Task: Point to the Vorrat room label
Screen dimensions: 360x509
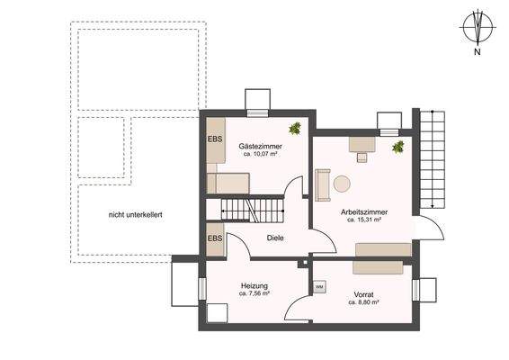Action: pyautogui.click(x=363, y=294)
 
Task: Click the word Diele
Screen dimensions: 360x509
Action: pyautogui.click(x=276, y=238)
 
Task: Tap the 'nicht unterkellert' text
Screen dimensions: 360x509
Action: pyautogui.click(x=135, y=215)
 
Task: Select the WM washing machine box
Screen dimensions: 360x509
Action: pyautogui.click(x=319, y=286)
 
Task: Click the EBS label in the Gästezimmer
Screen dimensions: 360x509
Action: pyautogui.click(x=215, y=139)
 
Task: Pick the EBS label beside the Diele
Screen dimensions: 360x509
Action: pyautogui.click(x=215, y=238)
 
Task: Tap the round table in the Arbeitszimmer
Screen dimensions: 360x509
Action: pyautogui.click(x=342, y=184)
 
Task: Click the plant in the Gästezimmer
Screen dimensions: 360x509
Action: pyautogui.click(x=294, y=128)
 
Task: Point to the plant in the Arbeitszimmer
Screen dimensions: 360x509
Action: pyautogui.click(x=397, y=147)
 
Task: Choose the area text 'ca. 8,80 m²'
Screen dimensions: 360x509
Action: pyautogui.click(x=363, y=302)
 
